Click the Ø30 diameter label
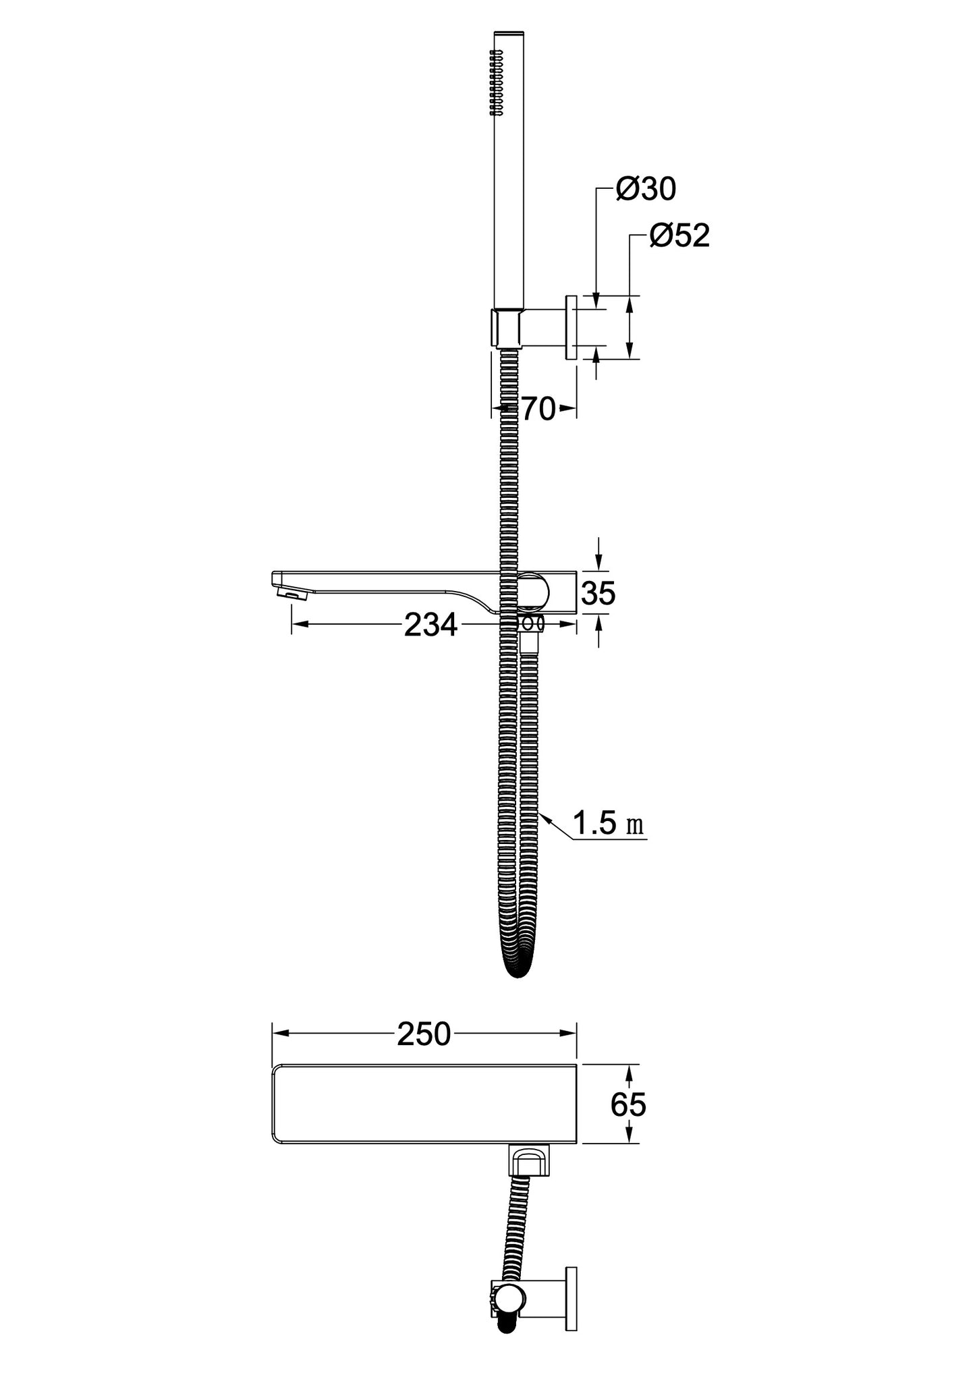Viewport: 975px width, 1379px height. coord(646,190)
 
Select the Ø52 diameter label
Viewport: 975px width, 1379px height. coord(680,236)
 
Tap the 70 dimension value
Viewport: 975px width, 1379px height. coord(538,408)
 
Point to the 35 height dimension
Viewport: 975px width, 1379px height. coord(598,593)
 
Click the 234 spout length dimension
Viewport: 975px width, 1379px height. coord(430,625)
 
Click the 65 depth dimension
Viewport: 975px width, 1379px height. coord(628,1104)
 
